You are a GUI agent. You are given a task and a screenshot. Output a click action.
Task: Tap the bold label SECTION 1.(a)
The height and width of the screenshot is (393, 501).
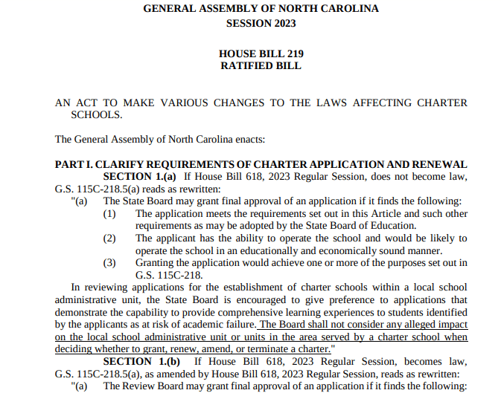tap(140, 176)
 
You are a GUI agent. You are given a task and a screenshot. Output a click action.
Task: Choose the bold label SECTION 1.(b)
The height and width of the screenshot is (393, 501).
tap(141, 360)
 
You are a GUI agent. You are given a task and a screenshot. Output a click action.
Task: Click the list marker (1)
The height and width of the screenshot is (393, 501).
tap(110, 213)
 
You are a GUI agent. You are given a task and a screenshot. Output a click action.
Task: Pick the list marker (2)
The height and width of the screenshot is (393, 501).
tap(110, 238)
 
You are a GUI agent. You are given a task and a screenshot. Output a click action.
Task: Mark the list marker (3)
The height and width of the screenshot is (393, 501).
tap(110, 262)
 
